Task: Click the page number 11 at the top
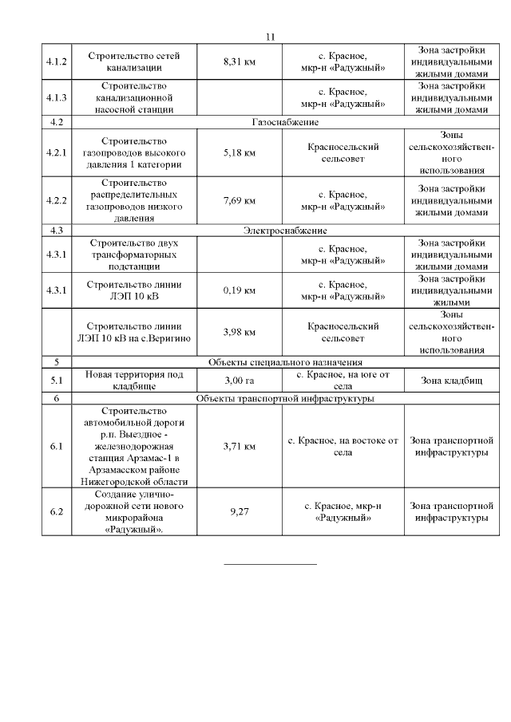[269, 37]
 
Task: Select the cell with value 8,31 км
[240, 61]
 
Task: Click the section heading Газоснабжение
[284, 122]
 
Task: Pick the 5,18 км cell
[240, 152]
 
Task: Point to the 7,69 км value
[240, 200]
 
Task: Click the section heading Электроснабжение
[284, 231]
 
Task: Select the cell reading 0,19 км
[240, 290]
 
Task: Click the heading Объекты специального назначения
[284, 361]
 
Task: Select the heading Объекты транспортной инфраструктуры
[284, 397]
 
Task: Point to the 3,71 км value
[240, 447]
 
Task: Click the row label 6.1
[57, 447]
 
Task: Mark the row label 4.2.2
[57, 200]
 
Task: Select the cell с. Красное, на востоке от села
[342, 447]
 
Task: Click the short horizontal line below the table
[270, 564]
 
